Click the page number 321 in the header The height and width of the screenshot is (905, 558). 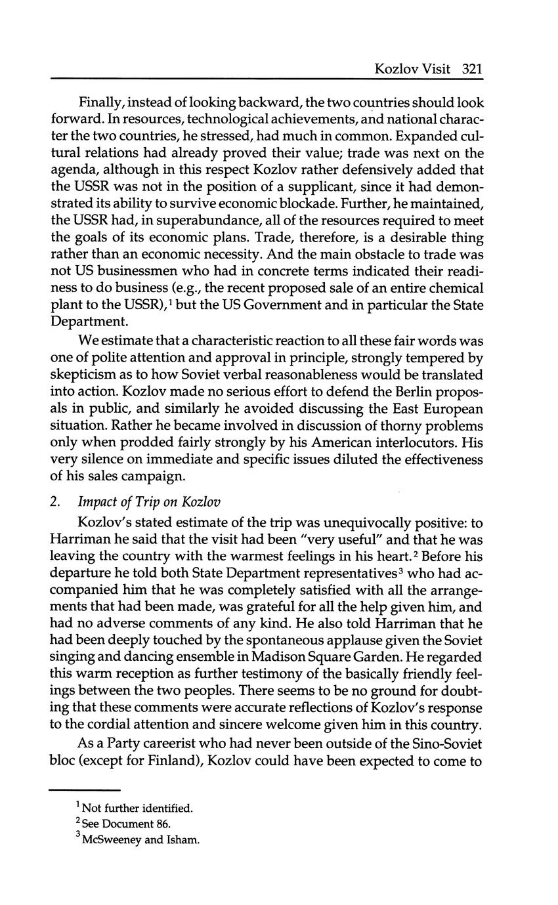click(472, 69)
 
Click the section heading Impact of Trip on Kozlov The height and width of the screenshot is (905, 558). click(149, 503)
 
